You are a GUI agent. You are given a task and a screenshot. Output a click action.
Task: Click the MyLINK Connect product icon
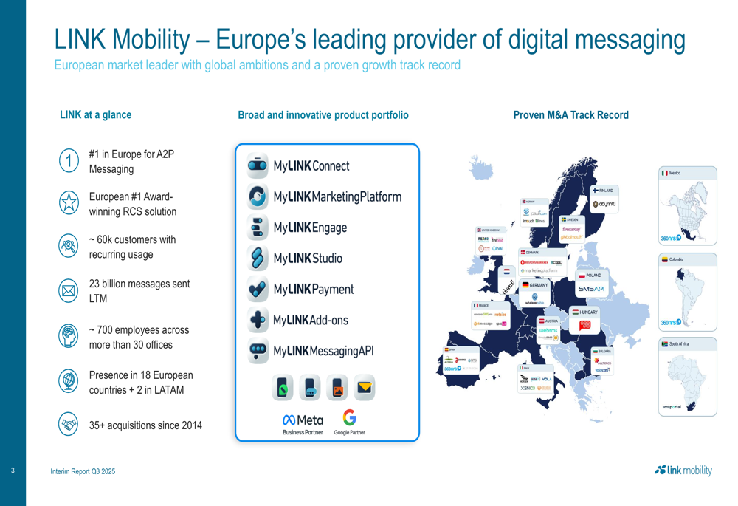tap(258, 166)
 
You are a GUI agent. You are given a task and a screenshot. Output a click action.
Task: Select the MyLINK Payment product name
tap(313, 290)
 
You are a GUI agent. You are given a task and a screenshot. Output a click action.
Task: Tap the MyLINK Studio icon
tap(258, 259)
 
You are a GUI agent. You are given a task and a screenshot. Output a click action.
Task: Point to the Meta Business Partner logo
tap(303, 424)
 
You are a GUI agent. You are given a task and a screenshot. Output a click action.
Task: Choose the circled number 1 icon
tap(69, 161)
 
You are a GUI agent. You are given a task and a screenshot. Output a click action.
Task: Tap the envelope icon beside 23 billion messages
tap(69, 291)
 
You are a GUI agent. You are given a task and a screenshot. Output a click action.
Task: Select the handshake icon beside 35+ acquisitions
tap(69, 424)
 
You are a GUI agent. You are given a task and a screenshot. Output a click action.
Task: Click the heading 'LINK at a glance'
tap(96, 115)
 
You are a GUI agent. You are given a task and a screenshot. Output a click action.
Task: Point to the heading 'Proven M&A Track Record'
tap(571, 115)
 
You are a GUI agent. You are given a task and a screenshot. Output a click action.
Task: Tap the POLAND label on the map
tap(593, 276)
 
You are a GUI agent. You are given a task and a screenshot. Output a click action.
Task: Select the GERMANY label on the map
tap(538, 285)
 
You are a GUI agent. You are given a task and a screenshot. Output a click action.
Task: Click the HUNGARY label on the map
tap(588, 312)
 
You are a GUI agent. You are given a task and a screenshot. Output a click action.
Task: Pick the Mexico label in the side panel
tap(675, 173)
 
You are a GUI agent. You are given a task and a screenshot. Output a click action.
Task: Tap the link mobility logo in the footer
tap(683, 471)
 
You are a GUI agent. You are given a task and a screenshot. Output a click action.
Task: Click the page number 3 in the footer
tap(13, 471)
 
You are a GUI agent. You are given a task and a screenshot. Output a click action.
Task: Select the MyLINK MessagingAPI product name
tap(323, 352)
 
